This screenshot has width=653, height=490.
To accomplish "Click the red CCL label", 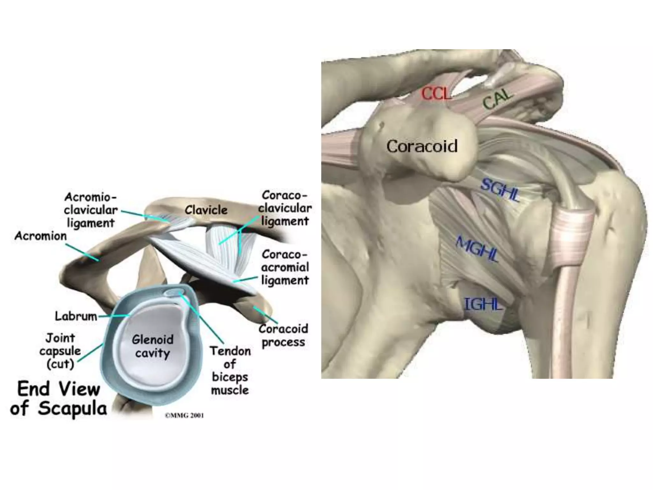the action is click(436, 94).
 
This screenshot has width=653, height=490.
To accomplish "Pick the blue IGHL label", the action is click(483, 304).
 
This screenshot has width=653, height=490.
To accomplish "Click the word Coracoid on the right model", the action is click(422, 146).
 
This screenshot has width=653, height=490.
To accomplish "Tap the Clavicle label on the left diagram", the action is click(206, 210).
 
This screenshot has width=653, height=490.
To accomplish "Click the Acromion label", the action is click(40, 236).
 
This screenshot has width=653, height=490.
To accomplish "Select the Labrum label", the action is click(76, 316).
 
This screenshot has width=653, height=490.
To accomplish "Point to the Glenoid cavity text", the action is click(153, 346).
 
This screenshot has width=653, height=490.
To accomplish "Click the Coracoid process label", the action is click(283, 335).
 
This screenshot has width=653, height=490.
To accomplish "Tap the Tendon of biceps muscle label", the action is click(230, 370).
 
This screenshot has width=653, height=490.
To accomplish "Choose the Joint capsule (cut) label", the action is click(60, 351).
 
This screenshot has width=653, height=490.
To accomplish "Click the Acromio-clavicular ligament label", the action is click(91, 210).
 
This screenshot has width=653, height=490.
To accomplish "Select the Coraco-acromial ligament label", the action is click(285, 267).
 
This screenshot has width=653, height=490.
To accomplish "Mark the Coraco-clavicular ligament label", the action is click(285, 208).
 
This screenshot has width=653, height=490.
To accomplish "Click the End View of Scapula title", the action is click(59, 398).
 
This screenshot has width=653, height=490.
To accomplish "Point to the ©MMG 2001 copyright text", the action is click(184, 415).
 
